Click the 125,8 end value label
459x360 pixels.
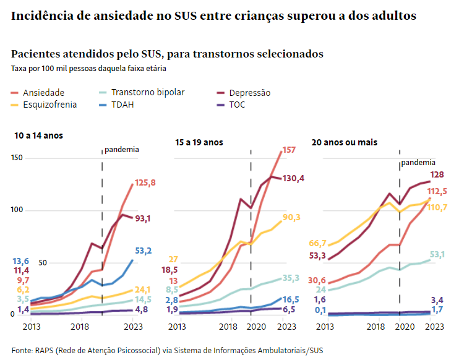145,183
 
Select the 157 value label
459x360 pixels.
289,150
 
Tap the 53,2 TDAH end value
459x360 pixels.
144,251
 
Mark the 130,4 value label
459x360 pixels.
294,179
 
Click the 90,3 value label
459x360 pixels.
291,217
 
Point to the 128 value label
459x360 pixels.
438,175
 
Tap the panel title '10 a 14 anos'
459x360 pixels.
39,135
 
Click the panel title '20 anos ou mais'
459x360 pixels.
345,142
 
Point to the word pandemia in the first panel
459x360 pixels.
121,149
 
